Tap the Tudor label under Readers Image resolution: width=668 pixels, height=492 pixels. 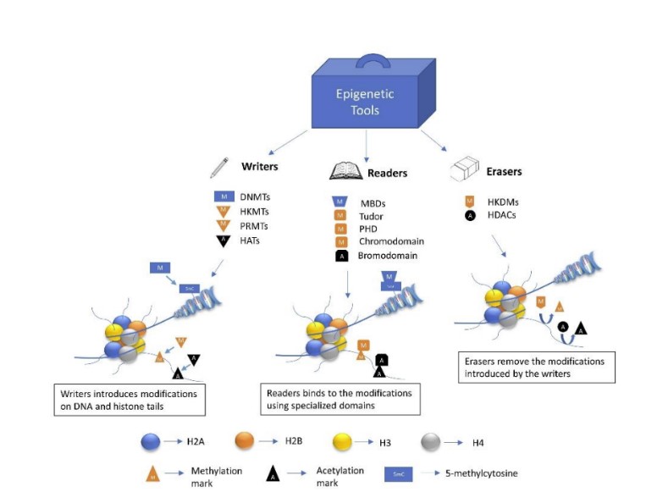coord(373,215)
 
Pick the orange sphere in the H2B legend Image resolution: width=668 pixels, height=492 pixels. coord(245,440)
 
